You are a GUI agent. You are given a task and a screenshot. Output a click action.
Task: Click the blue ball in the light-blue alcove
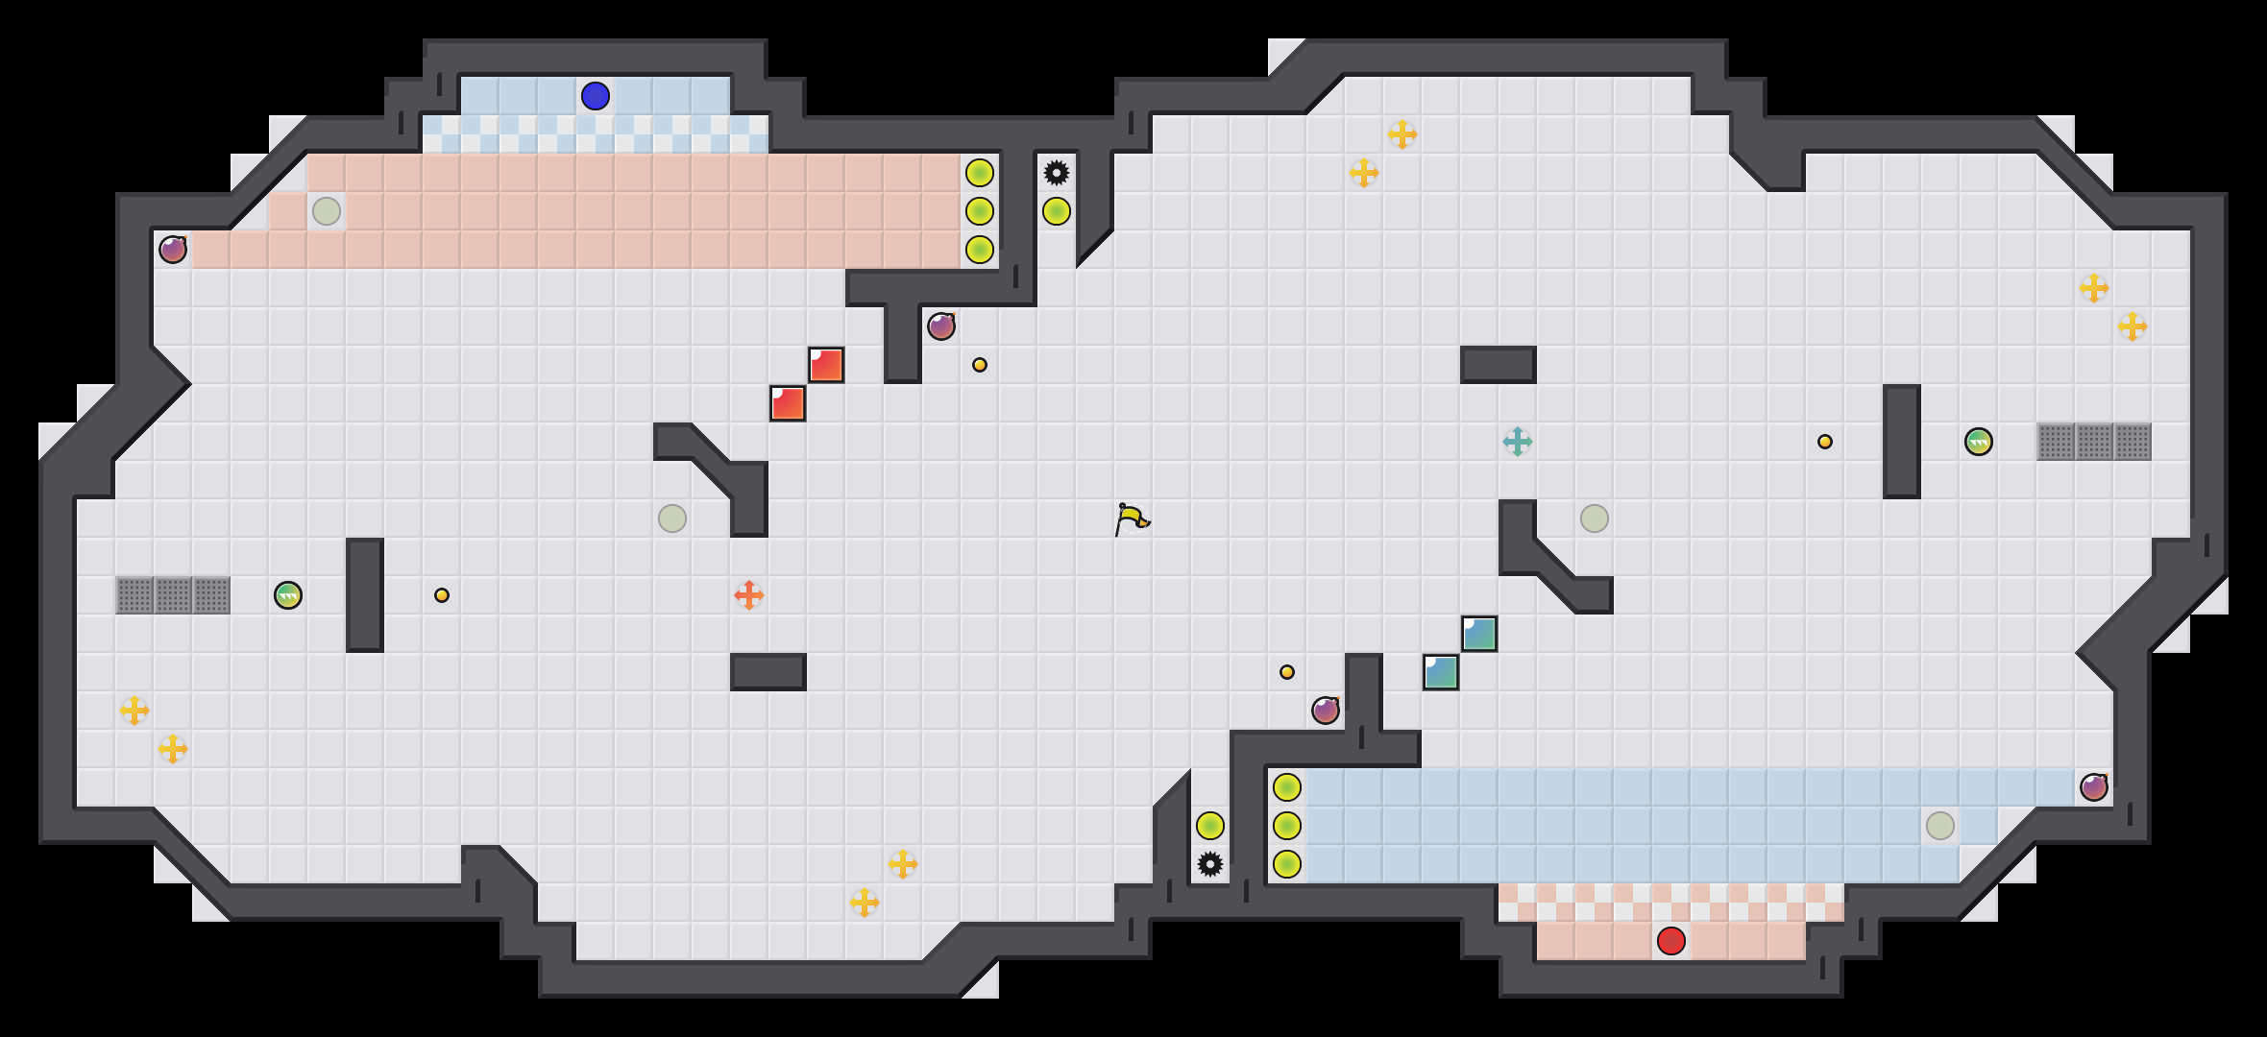[596, 96]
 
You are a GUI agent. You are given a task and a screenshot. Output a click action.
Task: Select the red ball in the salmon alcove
[1671, 941]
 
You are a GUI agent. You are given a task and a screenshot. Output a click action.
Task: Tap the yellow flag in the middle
[1132, 519]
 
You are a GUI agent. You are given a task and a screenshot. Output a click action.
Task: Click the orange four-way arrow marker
[749, 595]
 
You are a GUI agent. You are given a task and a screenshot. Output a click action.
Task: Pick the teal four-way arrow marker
[1518, 442]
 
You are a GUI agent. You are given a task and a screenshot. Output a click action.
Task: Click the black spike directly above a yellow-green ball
[1057, 173]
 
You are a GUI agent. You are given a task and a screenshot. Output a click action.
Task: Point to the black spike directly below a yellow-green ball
[1210, 864]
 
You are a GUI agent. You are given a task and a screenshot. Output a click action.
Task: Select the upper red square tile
[826, 365]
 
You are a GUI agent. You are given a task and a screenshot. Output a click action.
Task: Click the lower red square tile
[788, 403]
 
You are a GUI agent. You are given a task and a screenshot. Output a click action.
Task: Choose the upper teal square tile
[1479, 634]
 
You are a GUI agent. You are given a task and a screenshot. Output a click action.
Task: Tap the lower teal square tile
[1441, 672]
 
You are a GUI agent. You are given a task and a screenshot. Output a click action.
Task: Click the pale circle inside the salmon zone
[327, 211]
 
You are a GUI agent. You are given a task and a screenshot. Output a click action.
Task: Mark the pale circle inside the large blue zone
[1940, 826]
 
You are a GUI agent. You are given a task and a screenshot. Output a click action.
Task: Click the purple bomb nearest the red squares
[941, 326]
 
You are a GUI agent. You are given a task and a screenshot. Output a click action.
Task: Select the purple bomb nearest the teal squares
[1326, 711]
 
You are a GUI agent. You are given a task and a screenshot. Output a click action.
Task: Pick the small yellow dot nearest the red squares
[980, 365]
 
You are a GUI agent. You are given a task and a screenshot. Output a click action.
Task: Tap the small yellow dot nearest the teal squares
[1287, 672]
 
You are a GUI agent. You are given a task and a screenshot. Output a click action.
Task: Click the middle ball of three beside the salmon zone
[980, 211]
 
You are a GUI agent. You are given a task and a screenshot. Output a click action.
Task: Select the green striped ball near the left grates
[288, 595]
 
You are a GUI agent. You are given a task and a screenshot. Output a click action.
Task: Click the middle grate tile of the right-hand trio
[2094, 442]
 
